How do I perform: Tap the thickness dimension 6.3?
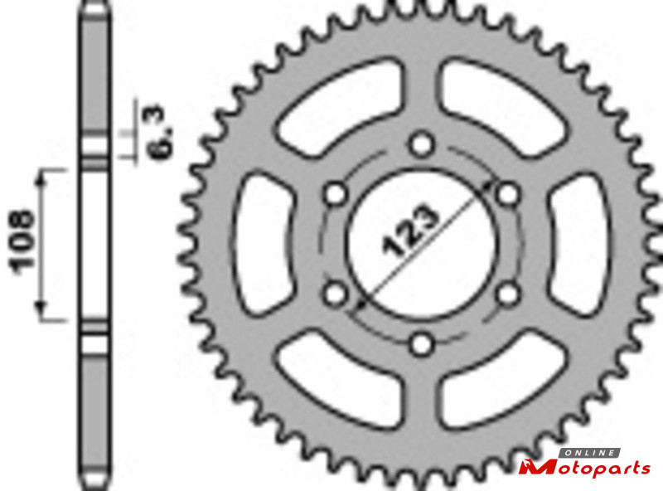point(162,132)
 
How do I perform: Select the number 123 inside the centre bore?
point(409,231)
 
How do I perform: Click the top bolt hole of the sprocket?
point(421,144)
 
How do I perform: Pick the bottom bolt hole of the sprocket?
point(421,343)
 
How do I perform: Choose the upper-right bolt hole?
point(507,194)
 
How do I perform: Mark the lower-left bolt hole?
point(336,294)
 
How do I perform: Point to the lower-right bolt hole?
point(507,294)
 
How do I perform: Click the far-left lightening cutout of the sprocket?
point(262,243)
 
